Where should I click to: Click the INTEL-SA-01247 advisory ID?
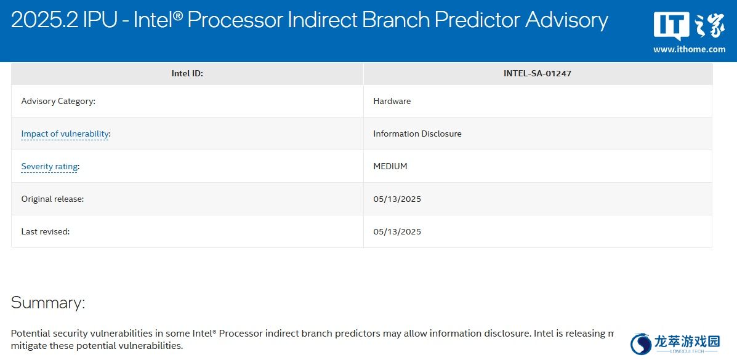pyautogui.click(x=538, y=74)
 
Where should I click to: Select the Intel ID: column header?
pyautogui.click(x=187, y=74)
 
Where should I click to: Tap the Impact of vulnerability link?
pyautogui.click(x=65, y=134)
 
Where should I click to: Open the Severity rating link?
pyautogui.click(x=49, y=166)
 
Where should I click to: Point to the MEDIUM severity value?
pyautogui.click(x=390, y=166)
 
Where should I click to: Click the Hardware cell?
pyautogui.click(x=392, y=101)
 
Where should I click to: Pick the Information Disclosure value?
pyautogui.click(x=417, y=134)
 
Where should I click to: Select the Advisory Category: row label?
pyautogui.click(x=58, y=101)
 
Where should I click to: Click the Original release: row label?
pyautogui.click(x=53, y=199)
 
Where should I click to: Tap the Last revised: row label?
pyautogui.click(x=46, y=232)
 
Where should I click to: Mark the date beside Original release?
pyautogui.click(x=397, y=199)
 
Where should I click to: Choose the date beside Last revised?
pyautogui.click(x=397, y=232)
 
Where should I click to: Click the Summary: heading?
pyautogui.click(x=48, y=303)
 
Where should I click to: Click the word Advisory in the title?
pyautogui.click(x=566, y=20)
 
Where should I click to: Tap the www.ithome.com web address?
pyautogui.click(x=689, y=49)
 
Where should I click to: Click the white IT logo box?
pyautogui.click(x=672, y=26)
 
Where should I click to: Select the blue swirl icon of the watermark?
pyautogui.click(x=641, y=343)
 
